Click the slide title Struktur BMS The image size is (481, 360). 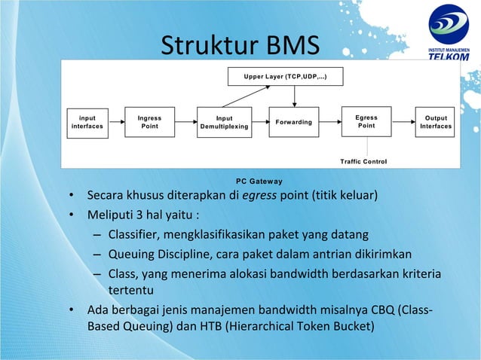coord(240,47)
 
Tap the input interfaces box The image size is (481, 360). coord(87,122)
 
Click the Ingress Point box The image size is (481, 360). coord(149,122)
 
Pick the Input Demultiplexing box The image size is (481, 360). coord(224,123)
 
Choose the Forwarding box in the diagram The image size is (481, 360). coord(294,122)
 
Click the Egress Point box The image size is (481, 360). coord(366,122)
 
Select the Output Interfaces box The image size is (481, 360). coord(435,122)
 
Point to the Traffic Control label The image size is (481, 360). coord(363,161)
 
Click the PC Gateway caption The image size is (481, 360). coord(259,181)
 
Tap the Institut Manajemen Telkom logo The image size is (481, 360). coord(448,35)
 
